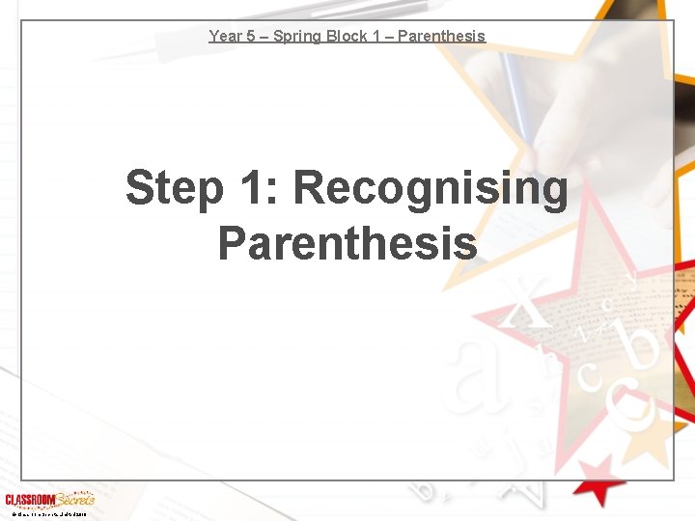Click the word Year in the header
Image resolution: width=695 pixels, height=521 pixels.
(x=225, y=37)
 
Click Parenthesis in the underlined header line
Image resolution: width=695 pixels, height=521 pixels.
(x=440, y=37)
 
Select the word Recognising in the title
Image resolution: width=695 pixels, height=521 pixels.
(x=431, y=188)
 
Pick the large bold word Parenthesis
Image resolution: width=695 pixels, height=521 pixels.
(x=347, y=243)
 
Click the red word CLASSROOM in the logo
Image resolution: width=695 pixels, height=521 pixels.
(x=32, y=500)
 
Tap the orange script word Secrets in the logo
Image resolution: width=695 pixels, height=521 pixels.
(x=75, y=499)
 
